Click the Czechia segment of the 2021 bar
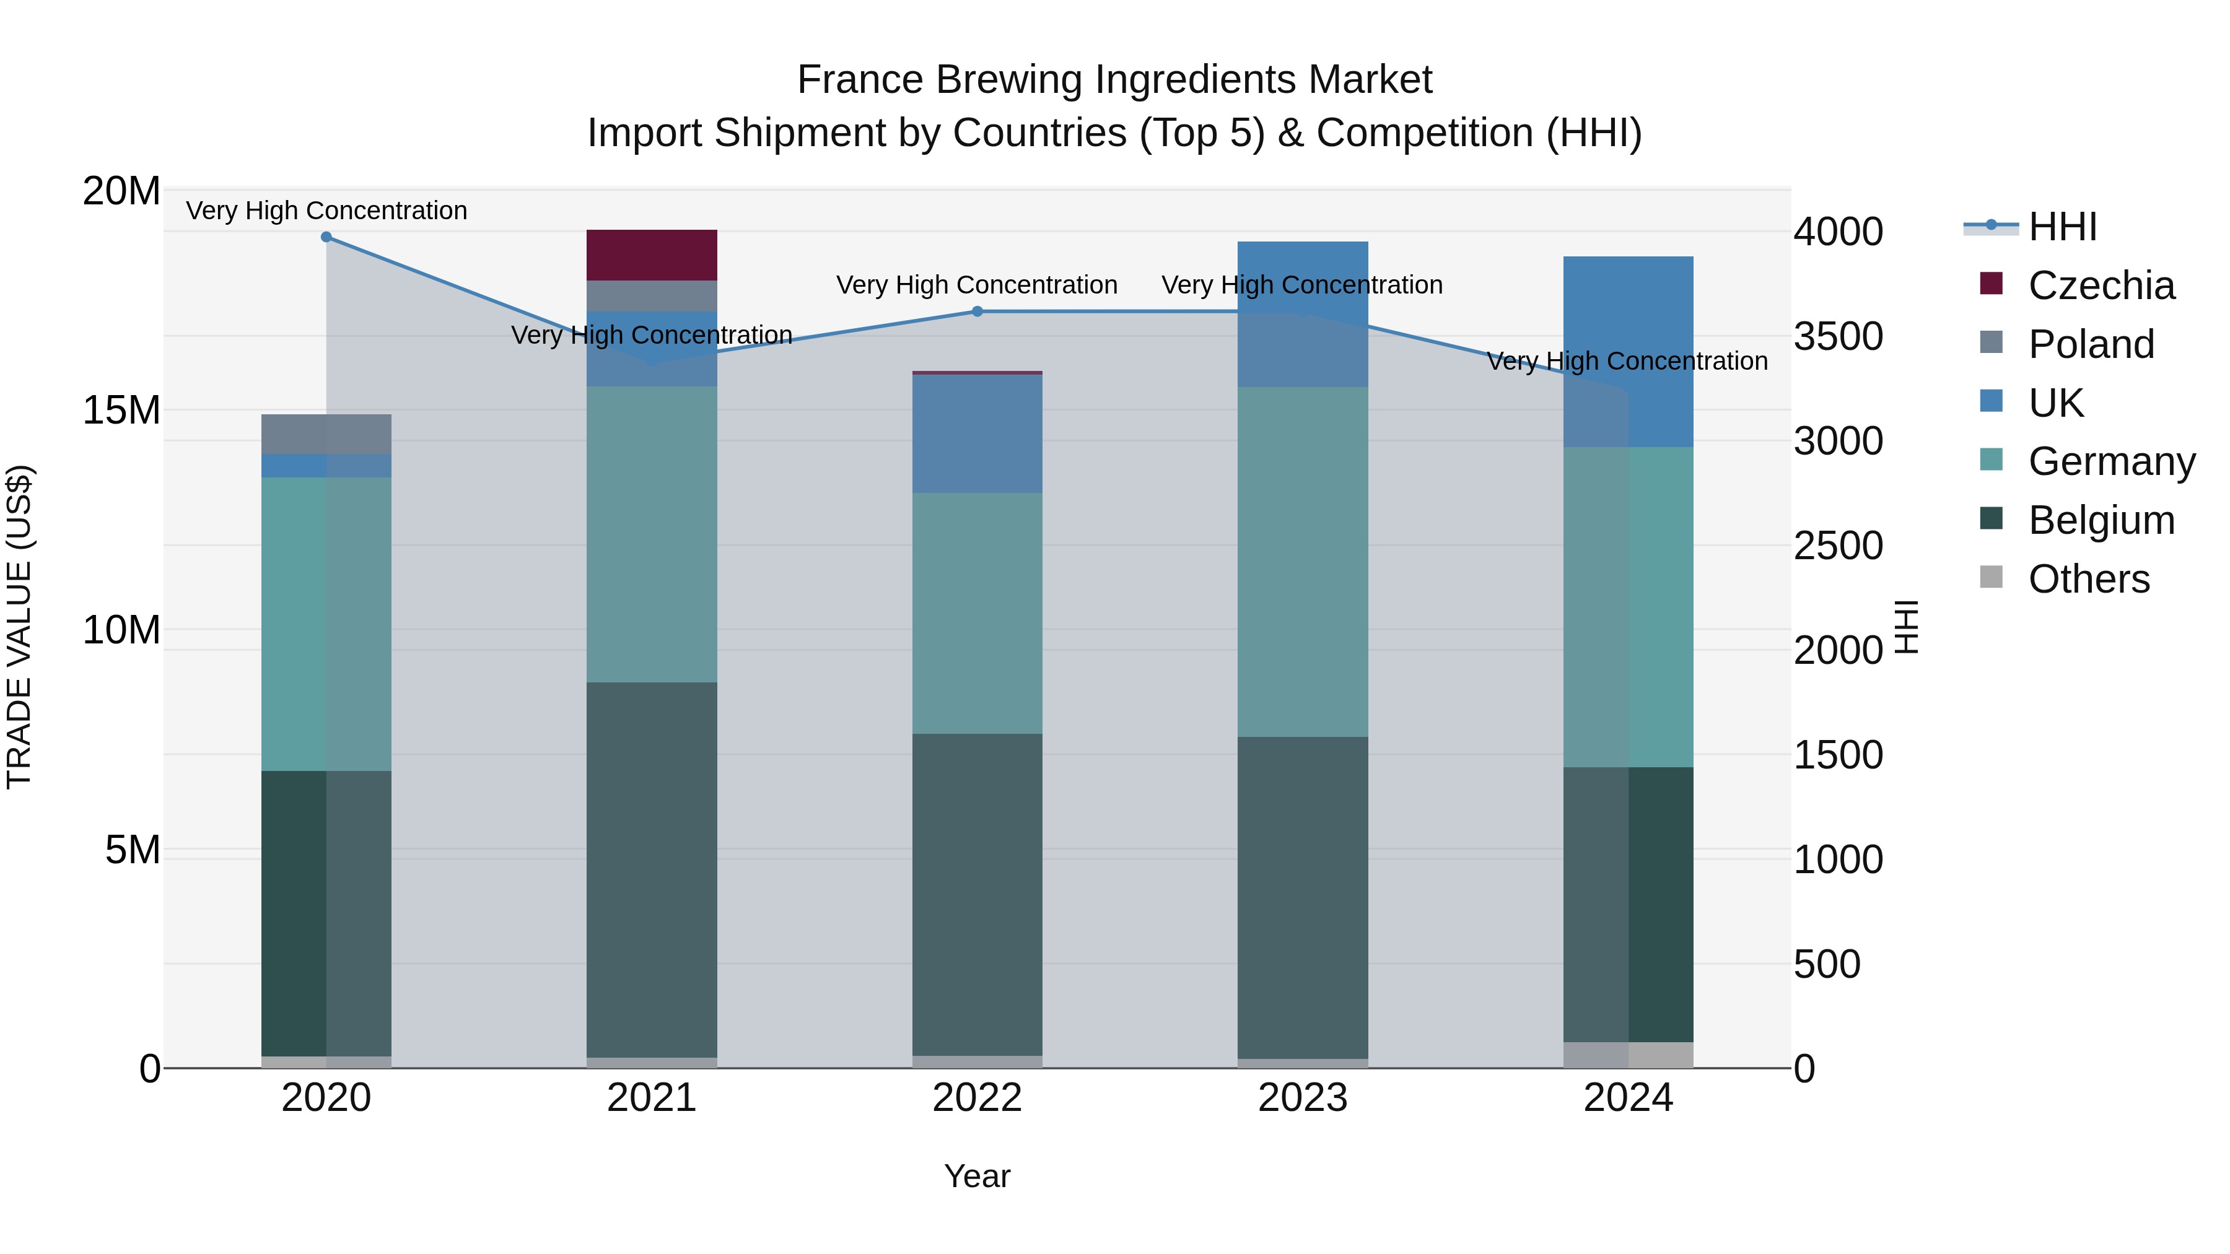[x=651, y=255]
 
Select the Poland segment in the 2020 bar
[x=326, y=433]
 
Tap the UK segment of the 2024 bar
[x=1627, y=351]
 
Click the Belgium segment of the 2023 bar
[x=1302, y=897]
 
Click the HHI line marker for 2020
[x=326, y=237]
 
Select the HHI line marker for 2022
[x=977, y=311]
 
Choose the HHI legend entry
[x=2062, y=227]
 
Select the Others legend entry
[x=2088, y=579]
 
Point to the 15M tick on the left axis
[x=121, y=410]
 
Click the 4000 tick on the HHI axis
[x=1838, y=232]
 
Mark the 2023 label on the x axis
[x=1302, y=1098]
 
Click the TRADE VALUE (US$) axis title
[x=19, y=627]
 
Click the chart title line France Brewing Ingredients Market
[x=1114, y=80]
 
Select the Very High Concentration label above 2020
[x=326, y=211]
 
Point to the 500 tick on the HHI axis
[x=1827, y=964]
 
